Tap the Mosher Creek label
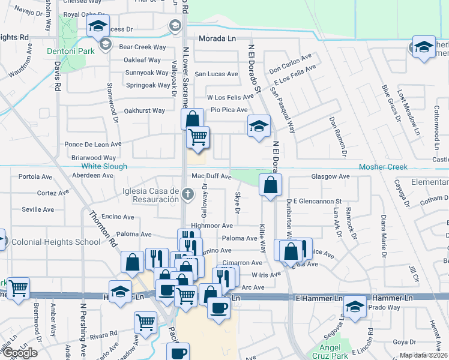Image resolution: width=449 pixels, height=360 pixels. (x=383, y=167)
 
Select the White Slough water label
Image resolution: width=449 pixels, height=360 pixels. (x=104, y=166)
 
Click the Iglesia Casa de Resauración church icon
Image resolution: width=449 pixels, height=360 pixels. (x=188, y=193)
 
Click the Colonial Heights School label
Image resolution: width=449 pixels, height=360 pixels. (x=55, y=242)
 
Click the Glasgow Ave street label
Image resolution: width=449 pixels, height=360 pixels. (x=330, y=176)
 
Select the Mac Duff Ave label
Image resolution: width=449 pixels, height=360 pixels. (x=211, y=176)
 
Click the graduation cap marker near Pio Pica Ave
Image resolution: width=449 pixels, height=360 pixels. (x=259, y=126)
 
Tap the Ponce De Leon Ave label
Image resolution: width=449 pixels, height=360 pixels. (x=93, y=145)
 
